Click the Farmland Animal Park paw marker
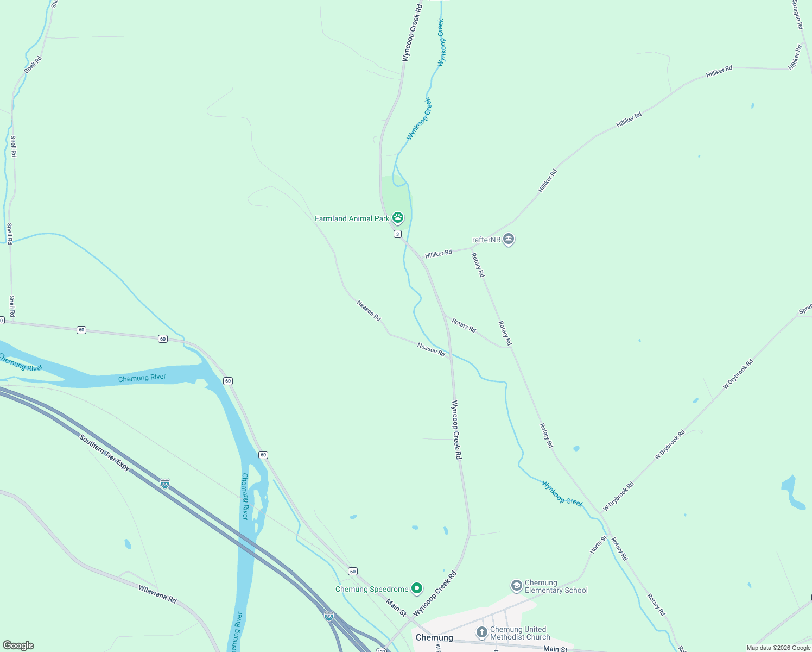tap(398, 218)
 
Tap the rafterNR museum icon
tap(509, 239)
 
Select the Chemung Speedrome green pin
tap(416, 588)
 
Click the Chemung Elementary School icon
tap(516, 586)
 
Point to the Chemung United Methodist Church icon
tap(481, 632)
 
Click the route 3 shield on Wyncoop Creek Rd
tap(397, 234)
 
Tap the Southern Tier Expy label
tap(105, 452)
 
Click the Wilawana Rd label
tap(157, 594)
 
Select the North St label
tap(599, 544)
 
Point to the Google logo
tap(18, 645)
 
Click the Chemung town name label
tap(434, 637)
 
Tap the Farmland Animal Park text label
tap(352, 218)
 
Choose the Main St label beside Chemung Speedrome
tap(396, 607)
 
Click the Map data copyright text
tap(778, 648)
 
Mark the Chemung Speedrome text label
tap(372, 589)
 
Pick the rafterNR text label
tap(486, 240)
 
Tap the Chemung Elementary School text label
tap(556, 586)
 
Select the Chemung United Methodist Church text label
tap(520, 633)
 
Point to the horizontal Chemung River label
tap(142, 378)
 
